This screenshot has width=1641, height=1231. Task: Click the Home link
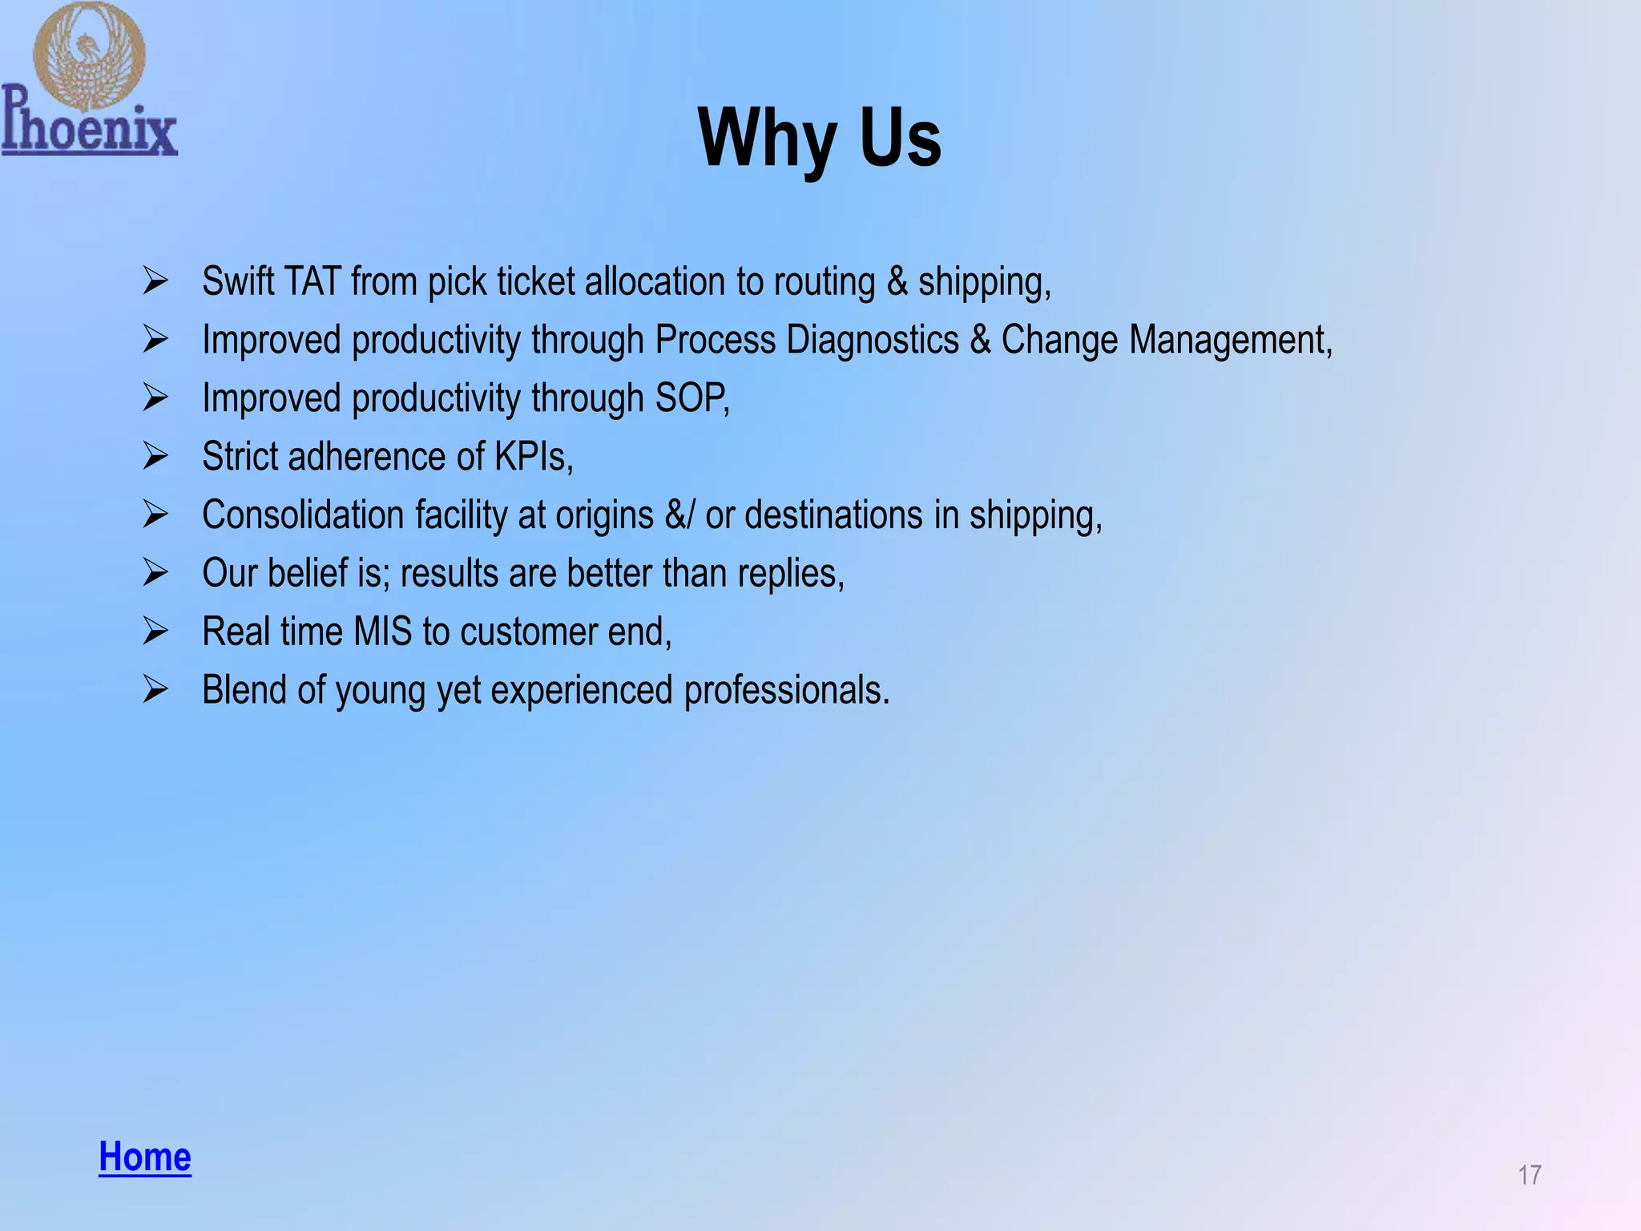[145, 1156]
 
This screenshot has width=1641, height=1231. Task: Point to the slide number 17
[1529, 1175]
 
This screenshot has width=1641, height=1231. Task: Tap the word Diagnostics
[873, 340]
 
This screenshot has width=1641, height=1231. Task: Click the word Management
[1230, 340]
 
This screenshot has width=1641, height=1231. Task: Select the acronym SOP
[691, 398]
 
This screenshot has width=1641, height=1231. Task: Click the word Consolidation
[303, 515]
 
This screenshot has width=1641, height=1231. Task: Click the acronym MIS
[382, 632]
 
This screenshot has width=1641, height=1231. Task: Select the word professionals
[785, 690]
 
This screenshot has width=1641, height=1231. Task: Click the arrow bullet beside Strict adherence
[155, 456]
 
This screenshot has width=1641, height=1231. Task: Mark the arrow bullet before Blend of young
[155, 689]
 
